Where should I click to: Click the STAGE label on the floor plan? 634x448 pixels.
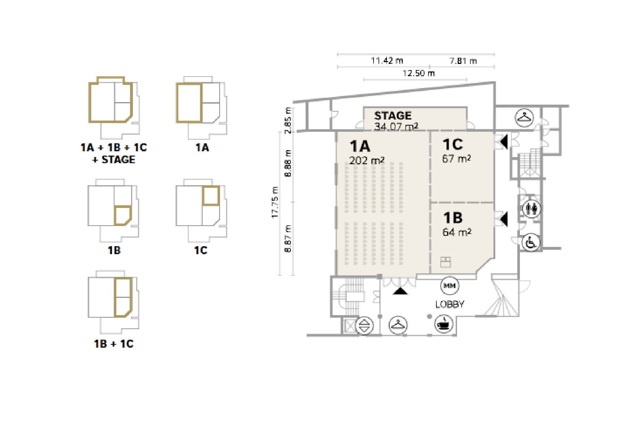[x=393, y=116]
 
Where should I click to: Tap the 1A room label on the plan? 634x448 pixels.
[x=360, y=146]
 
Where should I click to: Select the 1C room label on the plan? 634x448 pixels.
[x=453, y=144]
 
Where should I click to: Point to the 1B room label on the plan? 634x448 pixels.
[x=453, y=218]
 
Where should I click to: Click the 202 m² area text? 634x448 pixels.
[x=367, y=160]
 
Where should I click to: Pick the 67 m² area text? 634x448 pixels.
[x=457, y=158]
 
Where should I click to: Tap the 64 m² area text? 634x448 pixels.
[x=457, y=232]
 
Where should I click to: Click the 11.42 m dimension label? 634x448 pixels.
[x=387, y=61]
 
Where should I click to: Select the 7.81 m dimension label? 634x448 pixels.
[x=463, y=61]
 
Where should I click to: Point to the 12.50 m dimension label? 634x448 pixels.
[x=419, y=73]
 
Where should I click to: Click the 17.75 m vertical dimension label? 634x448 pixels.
[x=275, y=203]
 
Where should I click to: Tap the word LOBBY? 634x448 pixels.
[x=450, y=304]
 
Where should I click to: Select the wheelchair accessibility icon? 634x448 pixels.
[x=531, y=242]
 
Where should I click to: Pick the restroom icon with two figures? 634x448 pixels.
[x=532, y=209]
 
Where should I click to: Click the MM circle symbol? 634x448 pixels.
[x=449, y=286]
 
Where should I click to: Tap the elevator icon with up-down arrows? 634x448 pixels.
[x=364, y=326]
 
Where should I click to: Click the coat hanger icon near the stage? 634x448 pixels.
[x=524, y=118]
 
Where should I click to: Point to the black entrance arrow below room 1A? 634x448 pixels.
[x=400, y=291]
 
